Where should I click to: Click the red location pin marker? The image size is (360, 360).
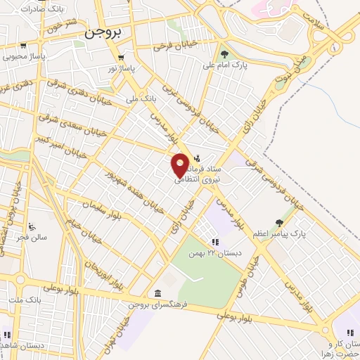point(181,165)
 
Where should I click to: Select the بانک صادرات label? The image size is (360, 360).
point(21,8)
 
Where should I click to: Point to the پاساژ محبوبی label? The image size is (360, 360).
point(24,56)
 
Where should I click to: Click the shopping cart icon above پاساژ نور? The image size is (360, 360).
point(122,58)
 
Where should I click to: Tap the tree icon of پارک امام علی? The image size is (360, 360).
point(225,54)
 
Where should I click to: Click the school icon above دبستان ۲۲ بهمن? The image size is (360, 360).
point(205,241)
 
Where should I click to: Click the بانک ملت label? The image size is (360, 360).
point(21,301)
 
